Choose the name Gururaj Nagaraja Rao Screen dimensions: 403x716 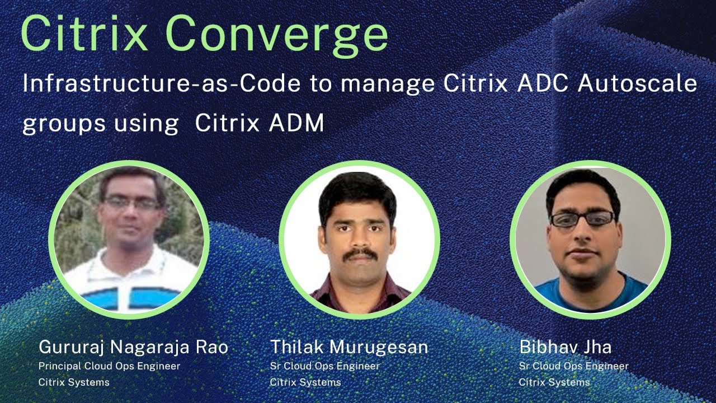pos(133,347)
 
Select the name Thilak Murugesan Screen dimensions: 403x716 pos(348,347)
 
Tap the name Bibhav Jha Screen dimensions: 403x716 pos(565,347)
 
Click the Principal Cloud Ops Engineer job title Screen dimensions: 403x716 pos(109,366)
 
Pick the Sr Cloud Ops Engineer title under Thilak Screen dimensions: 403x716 pos(324,366)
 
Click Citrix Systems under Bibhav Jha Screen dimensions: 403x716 pos(554,383)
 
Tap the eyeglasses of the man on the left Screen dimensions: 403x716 pos(131,203)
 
